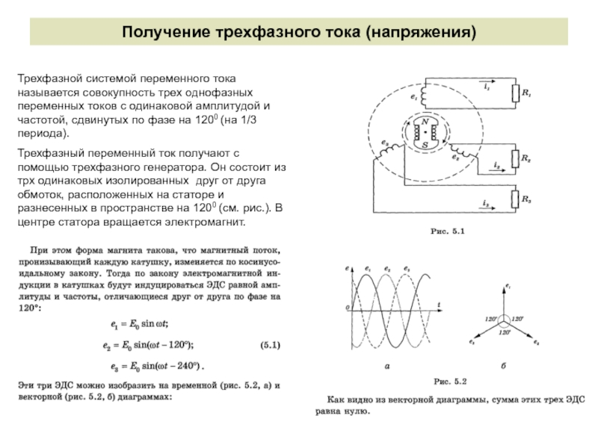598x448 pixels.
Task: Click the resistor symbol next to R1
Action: [x=515, y=93]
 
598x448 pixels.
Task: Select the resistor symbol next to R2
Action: [x=515, y=159]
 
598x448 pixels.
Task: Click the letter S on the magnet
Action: [x=425, y=143]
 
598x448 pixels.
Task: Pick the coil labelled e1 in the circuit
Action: [x=425, y=96]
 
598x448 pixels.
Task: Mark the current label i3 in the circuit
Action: [x=486, y=204]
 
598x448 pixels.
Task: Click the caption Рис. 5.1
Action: [x=447, y=232]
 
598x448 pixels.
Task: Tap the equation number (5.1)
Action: [x=270, y=346]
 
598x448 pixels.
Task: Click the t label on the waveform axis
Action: [x=438, y=302]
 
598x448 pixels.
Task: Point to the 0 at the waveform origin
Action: [x=347, y=308]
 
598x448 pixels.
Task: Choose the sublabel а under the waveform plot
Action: [x=386, y=367]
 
